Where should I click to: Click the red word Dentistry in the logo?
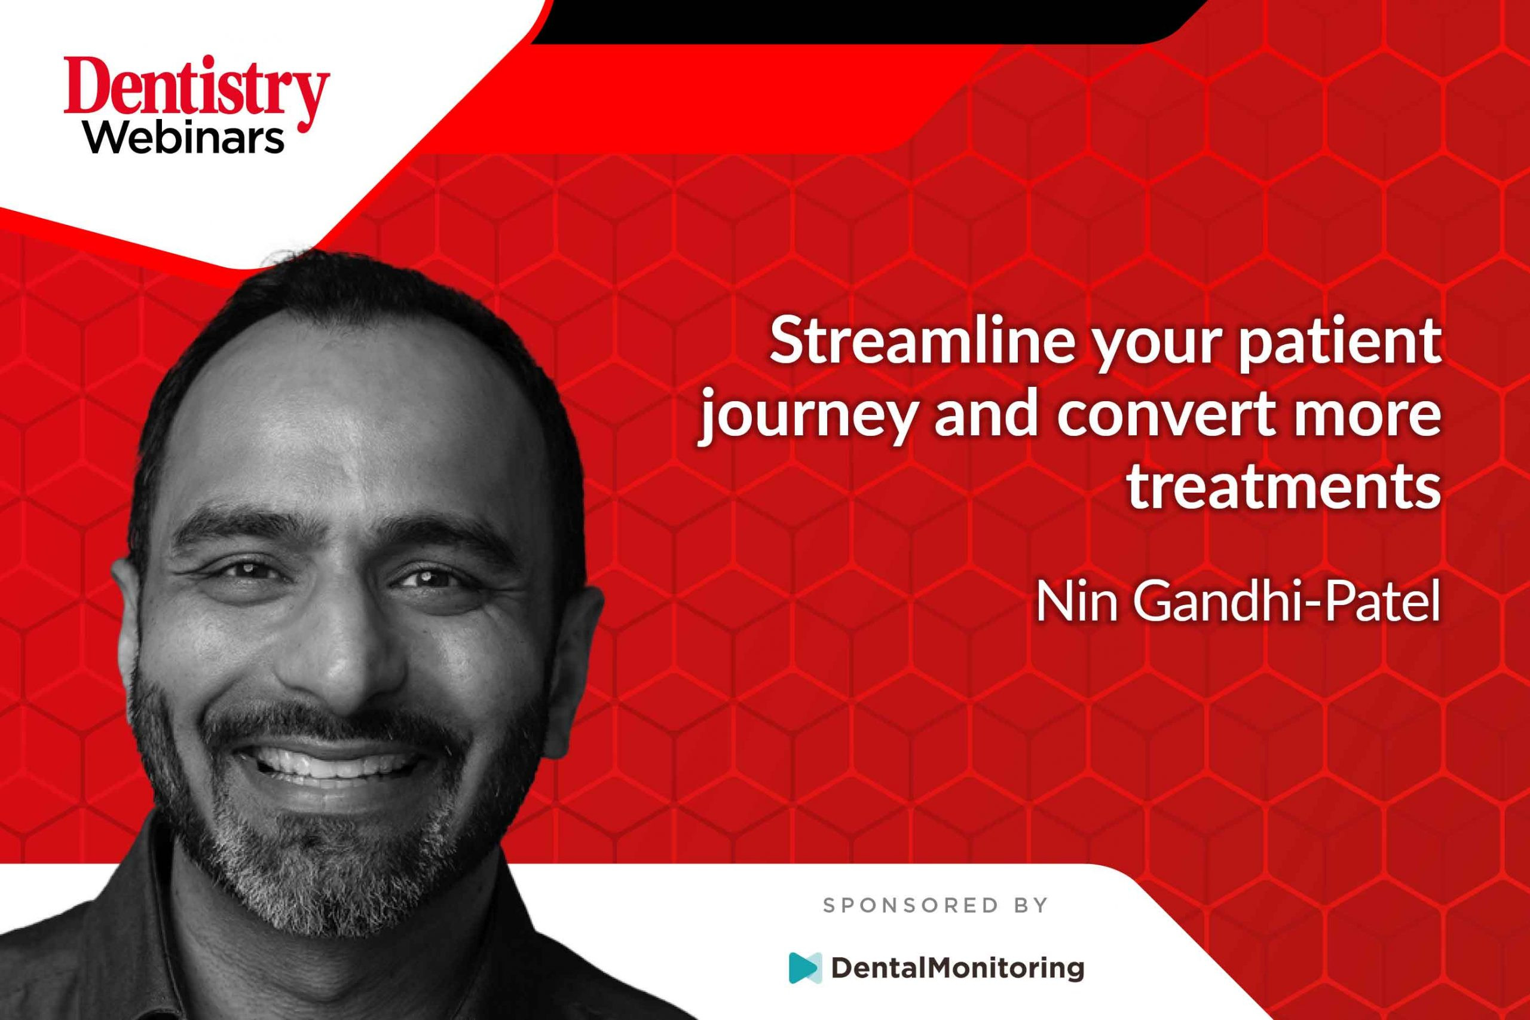click(x=197, y=91)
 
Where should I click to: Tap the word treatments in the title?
click(x=1284, y=487)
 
